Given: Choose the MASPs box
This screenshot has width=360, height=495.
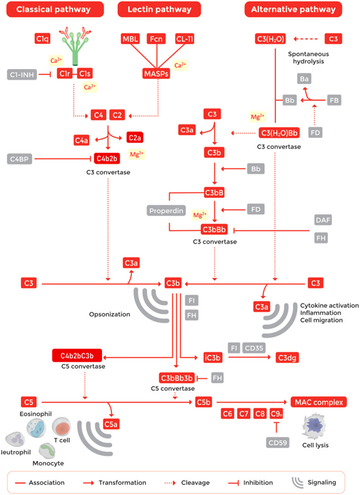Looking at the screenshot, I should (155, 74).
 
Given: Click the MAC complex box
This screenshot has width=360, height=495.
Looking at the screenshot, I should (319, 401).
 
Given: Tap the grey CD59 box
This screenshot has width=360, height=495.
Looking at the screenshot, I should (277, 442).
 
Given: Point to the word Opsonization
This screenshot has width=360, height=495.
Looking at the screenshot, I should (110, 314).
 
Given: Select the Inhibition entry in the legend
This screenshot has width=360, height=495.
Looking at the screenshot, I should (251, 482).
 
